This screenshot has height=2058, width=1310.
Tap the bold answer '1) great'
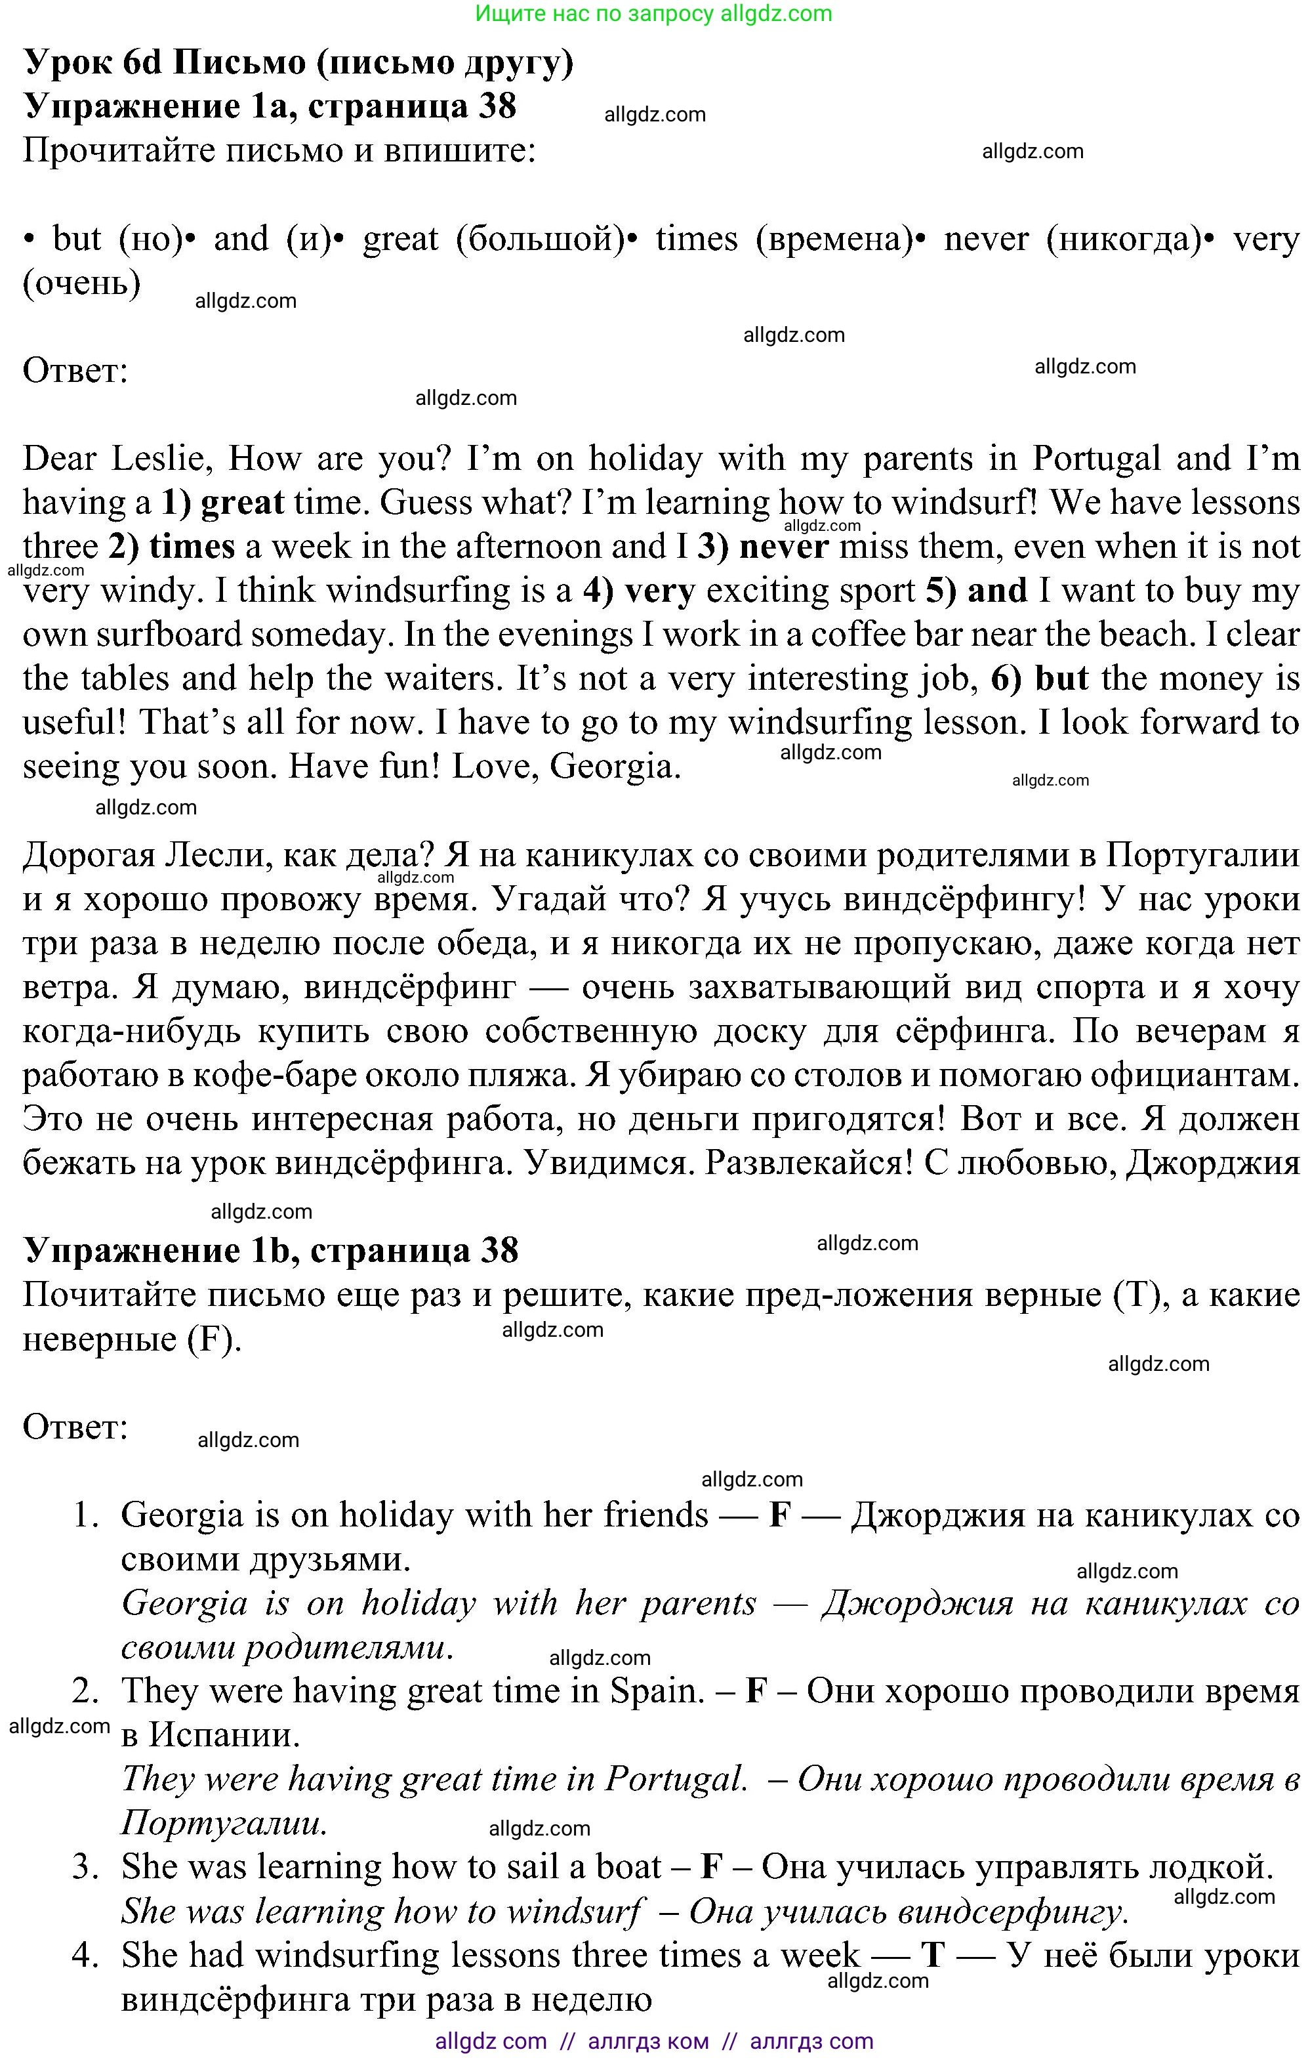pos(222,503)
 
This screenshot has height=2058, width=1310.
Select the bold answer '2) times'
pos(171,546)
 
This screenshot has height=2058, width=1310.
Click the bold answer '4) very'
pos(639,591)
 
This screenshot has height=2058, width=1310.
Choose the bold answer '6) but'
pos(1039,679)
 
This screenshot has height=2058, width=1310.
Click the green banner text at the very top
pos(654,13)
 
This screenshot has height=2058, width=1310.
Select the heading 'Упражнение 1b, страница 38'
pos(270,1250)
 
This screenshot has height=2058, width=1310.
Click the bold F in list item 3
pos(712,1866)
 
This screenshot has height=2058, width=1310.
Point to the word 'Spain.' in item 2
pos(656,1690)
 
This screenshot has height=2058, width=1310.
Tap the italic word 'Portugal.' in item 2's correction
pos(676,1778)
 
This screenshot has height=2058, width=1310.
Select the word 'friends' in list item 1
pos(655,1515)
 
